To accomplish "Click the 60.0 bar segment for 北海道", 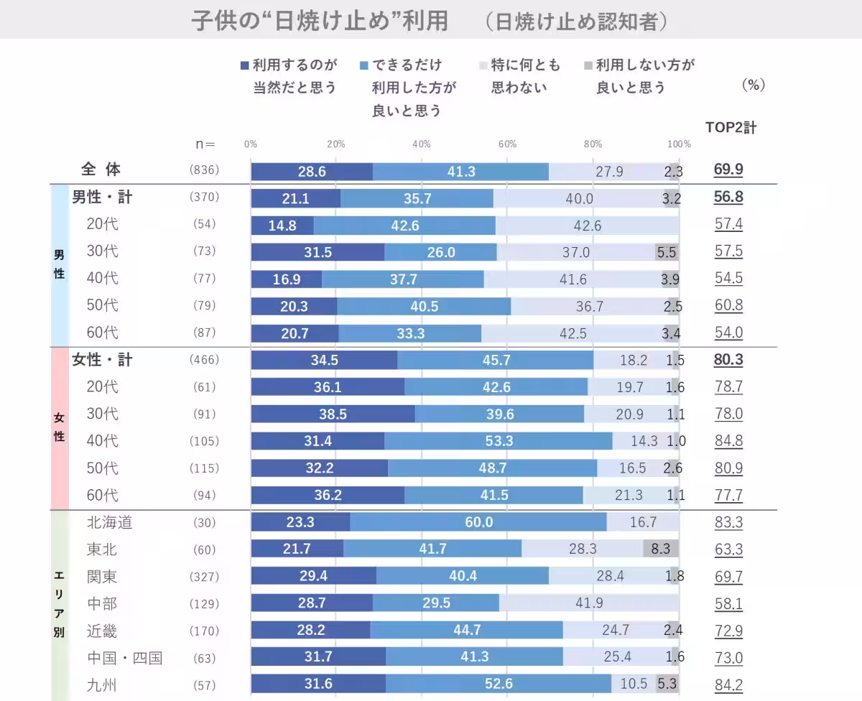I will tap(478, 522).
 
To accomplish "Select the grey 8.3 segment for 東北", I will tap(661, 549).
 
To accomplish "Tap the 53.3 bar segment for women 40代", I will tap(499, 441).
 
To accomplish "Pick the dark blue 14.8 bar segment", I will tap(282, 224).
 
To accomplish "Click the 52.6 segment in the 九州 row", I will tap(499, 684).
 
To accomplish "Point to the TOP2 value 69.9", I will tap(728, 170).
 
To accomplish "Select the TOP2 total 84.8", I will tap(728, 441).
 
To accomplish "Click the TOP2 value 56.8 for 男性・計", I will tap(728, 198).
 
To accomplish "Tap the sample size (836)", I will tap(204, 170).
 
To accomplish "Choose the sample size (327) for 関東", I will tap(204, 577).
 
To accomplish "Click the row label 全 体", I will tap(101, 170).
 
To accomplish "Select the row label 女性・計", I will tap(102, 360).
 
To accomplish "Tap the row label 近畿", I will tap(101, 631).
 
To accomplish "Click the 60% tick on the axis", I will tap(507, 144).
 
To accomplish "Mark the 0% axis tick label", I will tap(251, 144).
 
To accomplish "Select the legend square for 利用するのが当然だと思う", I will tap(245, 66).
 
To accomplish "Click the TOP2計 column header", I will tap(731, 128).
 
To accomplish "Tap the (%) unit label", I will tap(753, 85).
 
